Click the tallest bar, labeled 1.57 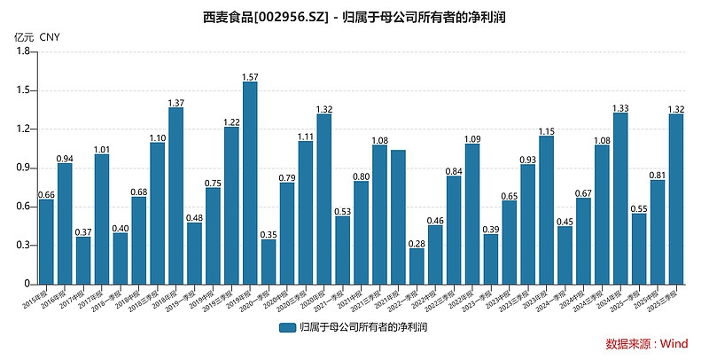[x=250, y=183]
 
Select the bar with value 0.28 [x=417, y=266]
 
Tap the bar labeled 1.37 [x=175, y=195]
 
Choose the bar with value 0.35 [x=269, y=262]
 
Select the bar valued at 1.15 [x=546, y=209]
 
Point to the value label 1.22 [x=231, y=121]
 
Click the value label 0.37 [x=83, y=231]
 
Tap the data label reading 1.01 [x=102, y=149]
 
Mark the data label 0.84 [x=454, y=171]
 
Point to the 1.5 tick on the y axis [x=23, y=90]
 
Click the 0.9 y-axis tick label [x=23, y=168]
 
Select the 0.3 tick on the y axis [x=23, y=245]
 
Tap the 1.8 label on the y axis [x=23, y=52]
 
